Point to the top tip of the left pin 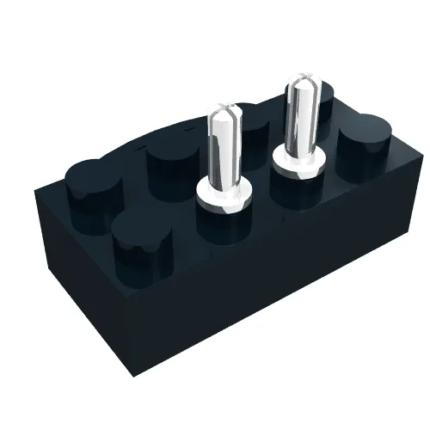pos(227,109)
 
